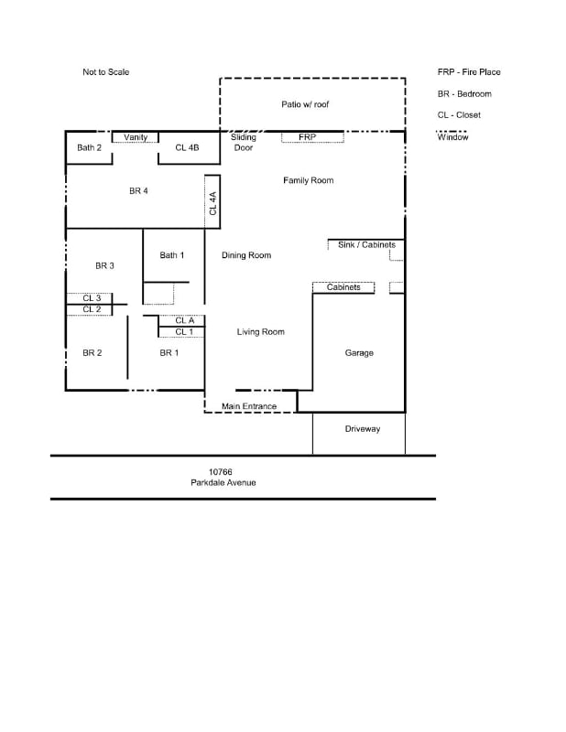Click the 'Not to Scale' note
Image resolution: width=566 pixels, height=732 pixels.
point(105,72)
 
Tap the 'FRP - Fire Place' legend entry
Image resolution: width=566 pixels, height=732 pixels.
point(469,72)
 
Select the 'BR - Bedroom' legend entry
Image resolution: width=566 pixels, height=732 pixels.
point(464,94)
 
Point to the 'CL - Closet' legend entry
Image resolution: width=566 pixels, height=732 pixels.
point(459,115)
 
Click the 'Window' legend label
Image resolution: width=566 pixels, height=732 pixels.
point(452,137)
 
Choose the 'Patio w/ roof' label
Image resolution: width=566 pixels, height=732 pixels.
point(305,104)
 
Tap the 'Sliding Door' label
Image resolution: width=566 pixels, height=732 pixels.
point(244,142)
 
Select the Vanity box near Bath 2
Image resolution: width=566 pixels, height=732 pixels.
point(136,137)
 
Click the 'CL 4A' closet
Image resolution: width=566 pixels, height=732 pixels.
point(212,202)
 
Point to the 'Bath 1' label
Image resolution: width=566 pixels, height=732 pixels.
point(172,255)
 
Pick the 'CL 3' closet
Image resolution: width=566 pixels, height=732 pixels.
point(91,298)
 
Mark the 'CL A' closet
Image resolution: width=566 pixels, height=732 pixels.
point(184,320)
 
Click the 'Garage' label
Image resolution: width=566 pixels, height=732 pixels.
point(359,353)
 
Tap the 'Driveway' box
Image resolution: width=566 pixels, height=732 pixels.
point(362,429)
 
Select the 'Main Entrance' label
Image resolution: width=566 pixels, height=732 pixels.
point(249,406)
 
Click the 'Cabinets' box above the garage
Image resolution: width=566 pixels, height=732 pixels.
point(343,287)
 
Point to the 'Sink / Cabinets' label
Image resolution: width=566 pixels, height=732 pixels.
point(365,245)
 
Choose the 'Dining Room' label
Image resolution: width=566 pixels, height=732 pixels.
point(246,255)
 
